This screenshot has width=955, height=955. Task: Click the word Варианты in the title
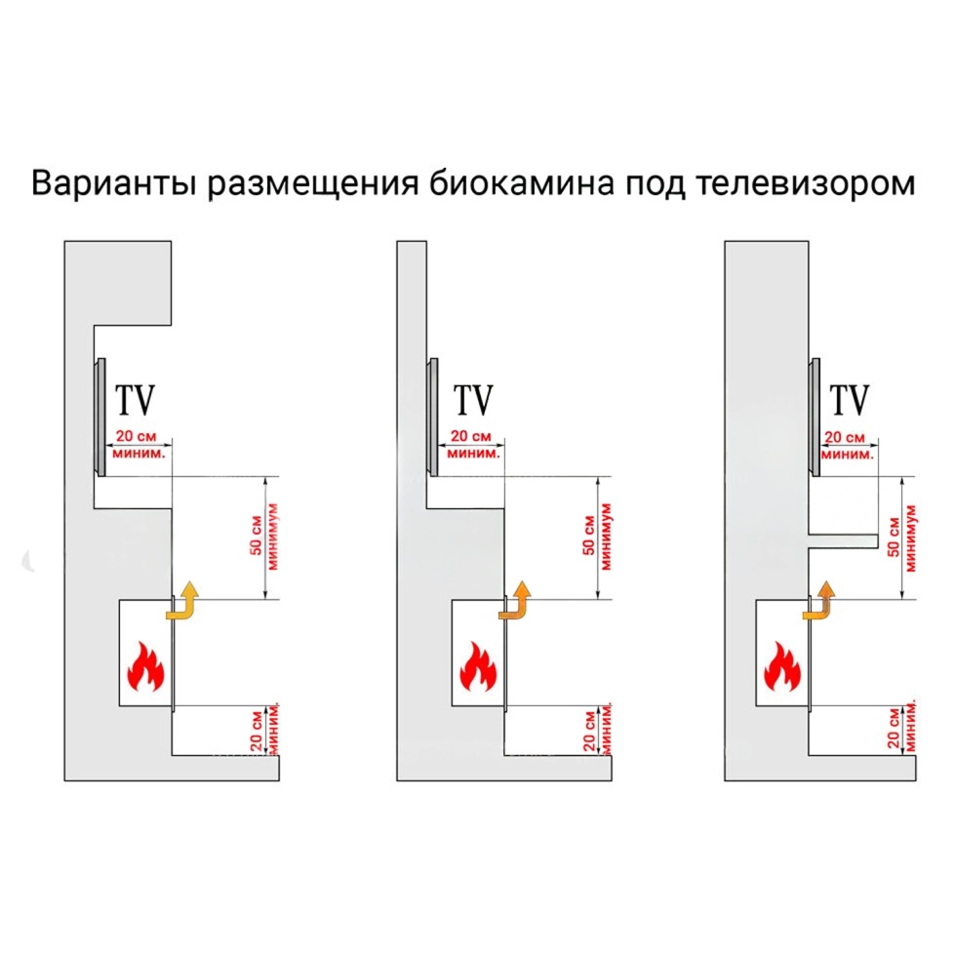[113, 182]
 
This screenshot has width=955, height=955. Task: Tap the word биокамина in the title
[521, 182]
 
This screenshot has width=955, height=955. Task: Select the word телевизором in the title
[805, 182]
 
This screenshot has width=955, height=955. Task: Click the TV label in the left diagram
[136, 400]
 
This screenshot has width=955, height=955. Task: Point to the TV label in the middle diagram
[473, 400]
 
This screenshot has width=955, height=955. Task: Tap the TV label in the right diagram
[850, 400]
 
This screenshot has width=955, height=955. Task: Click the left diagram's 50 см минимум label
[264, 537]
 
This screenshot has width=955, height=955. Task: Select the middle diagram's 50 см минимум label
[597, 537]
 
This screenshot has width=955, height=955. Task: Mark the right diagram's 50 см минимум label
[902, 538]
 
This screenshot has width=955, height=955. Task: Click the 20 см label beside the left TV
[136, 436]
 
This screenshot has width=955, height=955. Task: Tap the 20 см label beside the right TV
[844, 437]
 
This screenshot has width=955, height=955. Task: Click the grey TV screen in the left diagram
[99, 418]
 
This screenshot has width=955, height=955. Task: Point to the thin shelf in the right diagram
[843, 540]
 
